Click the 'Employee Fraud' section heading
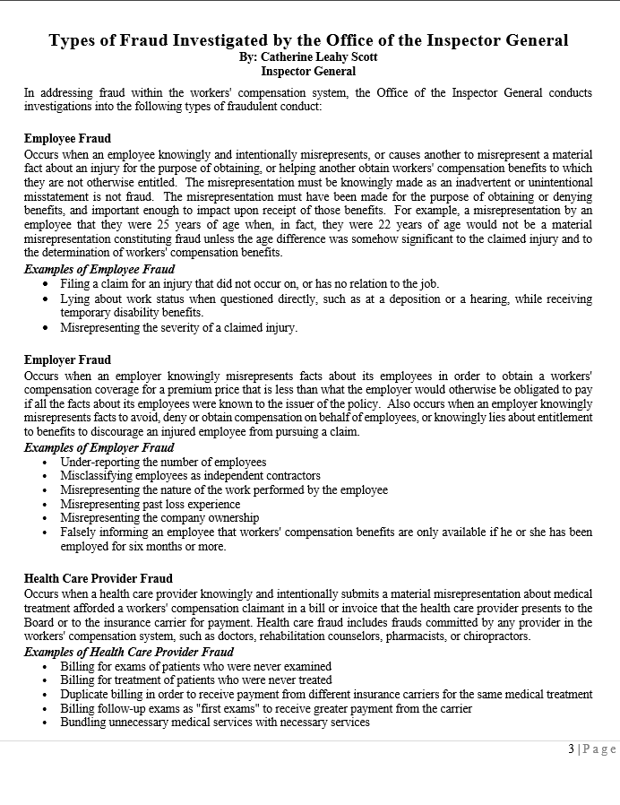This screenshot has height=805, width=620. [x=67, y=139]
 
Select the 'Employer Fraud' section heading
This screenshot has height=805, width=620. [x=67, y=360]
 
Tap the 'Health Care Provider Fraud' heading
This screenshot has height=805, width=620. [x=99, y=579]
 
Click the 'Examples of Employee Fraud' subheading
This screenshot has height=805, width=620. [x=99, y=269]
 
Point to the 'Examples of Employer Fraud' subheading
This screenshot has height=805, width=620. [x=99, y=447]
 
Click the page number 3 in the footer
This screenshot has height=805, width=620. [x=571, y=749]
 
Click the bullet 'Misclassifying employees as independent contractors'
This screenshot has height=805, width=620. [x=190, y=476]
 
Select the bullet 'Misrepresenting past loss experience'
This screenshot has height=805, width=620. [x=151, y=505]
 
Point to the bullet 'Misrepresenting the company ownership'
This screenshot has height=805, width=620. [x=159, y=518]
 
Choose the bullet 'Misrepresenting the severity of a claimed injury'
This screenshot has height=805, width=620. [x=178, y=328]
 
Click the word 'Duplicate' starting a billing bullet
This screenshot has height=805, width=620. [x=86, y=694]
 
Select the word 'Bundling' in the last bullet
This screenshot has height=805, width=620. [x=84, y=723]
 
